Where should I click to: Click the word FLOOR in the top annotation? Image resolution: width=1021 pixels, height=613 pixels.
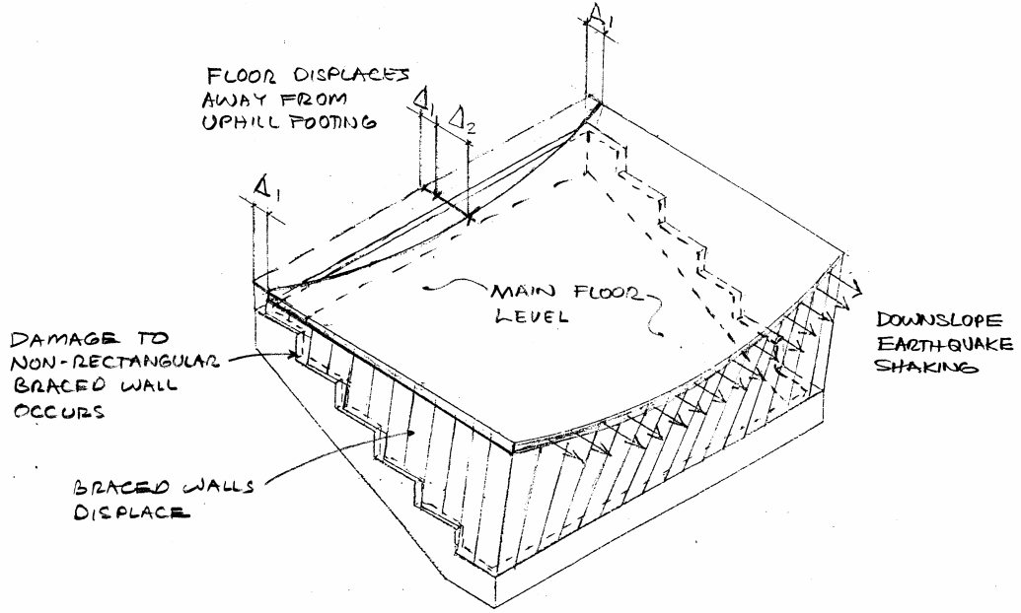[241, 76]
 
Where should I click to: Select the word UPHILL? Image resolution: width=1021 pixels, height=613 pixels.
[240, 122]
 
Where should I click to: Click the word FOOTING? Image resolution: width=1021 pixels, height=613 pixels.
[332, 122]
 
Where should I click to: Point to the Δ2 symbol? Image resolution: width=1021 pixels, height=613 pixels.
[465, 118]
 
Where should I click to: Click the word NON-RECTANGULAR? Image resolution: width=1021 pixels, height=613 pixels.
[115, 362]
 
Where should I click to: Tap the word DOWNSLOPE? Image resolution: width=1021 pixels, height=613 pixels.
[938, 321]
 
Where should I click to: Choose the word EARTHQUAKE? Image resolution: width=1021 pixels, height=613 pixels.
[945, 344]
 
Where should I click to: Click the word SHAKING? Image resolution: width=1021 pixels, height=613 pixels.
[926, 367]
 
